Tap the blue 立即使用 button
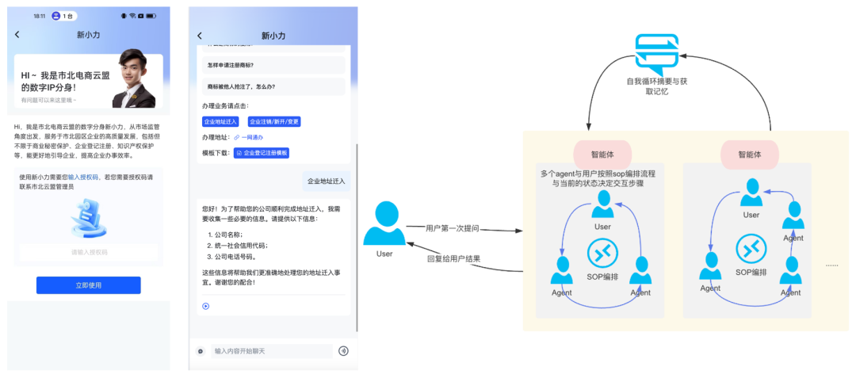(x=88, y=285)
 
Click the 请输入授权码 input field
(x=89, y=252)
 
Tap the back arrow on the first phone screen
(x=17, y=35)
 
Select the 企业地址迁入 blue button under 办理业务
(x=220, y=122)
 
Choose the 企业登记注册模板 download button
(x=262, y=152)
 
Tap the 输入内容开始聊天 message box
(x=269, y=350)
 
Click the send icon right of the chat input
(x=343, y=350)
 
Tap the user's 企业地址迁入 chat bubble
(x=325, y=181)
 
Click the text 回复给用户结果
(x=453, y=258)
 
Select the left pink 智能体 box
(x=602, y=155)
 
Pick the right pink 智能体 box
(x=749, y=155)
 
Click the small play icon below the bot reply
(x=206, y=306)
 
